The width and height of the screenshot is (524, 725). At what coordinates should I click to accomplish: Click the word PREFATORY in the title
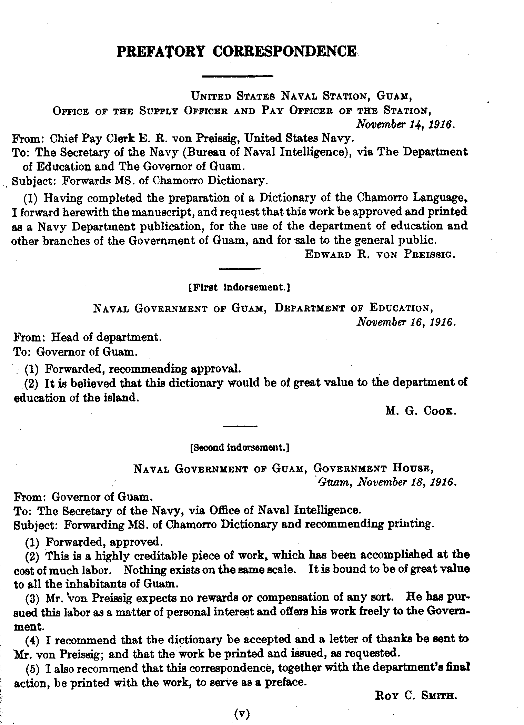(x=161, y=51)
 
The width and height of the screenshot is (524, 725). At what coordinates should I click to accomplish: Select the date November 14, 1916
(x=406, y=124)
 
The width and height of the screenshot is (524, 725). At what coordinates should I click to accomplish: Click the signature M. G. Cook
(x=421, y=411)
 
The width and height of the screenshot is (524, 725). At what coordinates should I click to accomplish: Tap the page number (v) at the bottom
(x=241, y=713)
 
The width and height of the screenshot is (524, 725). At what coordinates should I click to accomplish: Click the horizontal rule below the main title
(x=238, y=76)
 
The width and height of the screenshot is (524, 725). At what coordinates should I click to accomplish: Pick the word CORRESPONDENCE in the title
(x=285, y=51)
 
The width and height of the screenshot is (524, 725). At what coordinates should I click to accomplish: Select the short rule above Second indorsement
(x=240, y=427)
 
